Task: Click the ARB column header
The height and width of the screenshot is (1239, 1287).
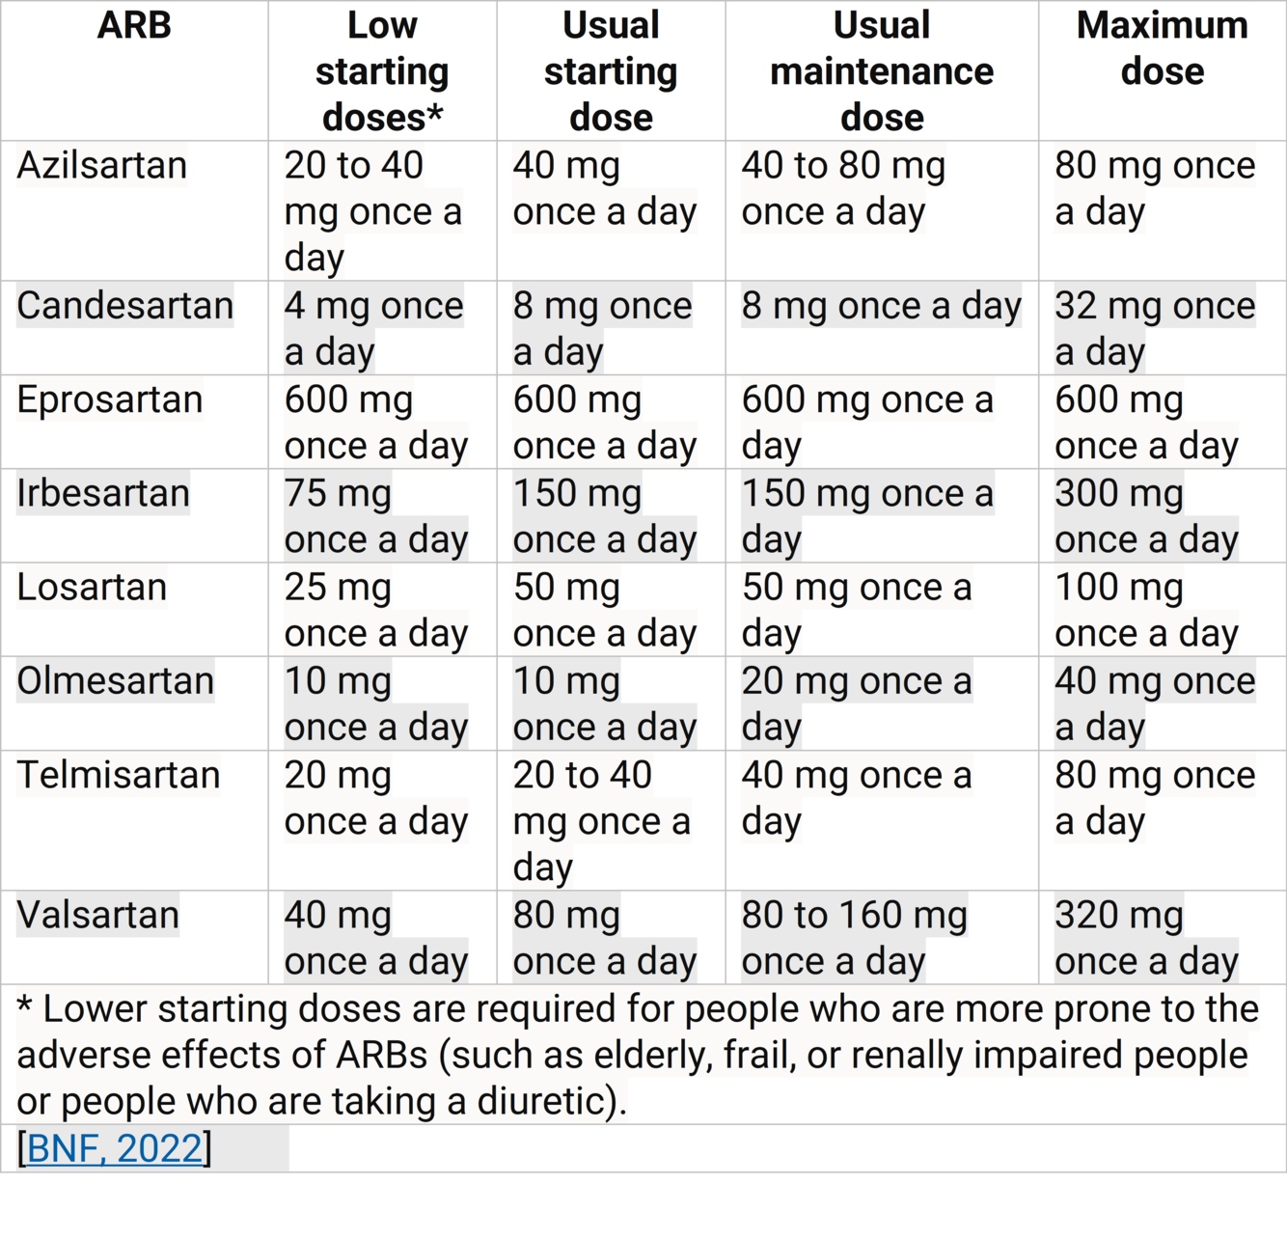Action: (134, 26)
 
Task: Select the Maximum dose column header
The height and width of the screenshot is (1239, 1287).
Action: (1162, 48)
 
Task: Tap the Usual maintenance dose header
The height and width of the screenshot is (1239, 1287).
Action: (882, 71)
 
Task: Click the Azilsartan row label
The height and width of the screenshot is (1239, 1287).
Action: (101, 166)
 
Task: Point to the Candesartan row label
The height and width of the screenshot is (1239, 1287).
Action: (124, 306)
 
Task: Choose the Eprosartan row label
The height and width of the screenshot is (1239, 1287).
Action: (109, 399)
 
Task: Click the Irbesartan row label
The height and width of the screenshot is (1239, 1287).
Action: (103, 493)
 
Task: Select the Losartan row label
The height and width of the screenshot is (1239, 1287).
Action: (92, 587)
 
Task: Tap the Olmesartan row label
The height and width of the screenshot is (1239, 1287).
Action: (115, 681)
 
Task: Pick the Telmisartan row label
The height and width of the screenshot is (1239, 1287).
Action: (119, 775)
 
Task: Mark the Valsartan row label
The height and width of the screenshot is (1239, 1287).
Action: (97, 915)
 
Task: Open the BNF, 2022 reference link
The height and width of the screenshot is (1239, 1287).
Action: (115, 1148)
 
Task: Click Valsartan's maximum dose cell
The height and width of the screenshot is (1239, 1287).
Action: (1146, 938)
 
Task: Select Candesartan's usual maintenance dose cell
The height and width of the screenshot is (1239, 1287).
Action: (881, 307)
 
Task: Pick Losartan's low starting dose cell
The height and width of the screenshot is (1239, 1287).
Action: (375, 610)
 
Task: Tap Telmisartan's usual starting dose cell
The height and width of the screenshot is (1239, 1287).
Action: (601, 821)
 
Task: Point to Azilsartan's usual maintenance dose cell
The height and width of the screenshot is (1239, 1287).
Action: (843, 189)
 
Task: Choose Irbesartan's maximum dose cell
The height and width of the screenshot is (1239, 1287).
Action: (1146, 516)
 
